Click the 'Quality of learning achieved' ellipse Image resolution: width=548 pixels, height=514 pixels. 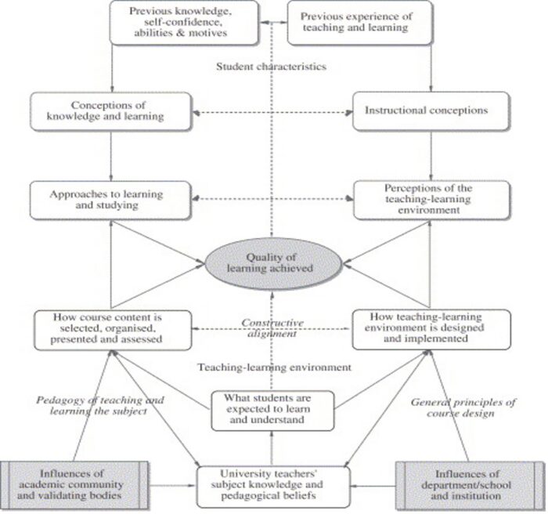273,263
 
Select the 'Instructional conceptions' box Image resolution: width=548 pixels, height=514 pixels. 431,111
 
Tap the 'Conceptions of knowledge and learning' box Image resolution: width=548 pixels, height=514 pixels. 111,111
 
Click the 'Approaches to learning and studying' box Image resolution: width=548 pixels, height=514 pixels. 111,200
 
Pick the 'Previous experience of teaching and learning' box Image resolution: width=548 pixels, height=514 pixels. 359,23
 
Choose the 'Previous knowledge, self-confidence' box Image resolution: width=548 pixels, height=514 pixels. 184,23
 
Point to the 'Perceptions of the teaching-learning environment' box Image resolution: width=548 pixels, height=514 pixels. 431,200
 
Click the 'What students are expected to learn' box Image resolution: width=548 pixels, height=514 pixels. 272,411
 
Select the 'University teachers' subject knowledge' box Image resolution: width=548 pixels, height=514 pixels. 273,487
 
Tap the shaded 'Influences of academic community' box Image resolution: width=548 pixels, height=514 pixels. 74,485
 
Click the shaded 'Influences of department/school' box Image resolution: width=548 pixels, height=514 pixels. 470,485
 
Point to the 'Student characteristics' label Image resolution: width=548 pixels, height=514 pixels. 271,67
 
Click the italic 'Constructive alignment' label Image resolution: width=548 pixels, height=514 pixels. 272,328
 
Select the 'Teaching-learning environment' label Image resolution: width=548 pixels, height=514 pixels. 274,367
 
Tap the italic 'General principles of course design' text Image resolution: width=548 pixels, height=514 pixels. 463,407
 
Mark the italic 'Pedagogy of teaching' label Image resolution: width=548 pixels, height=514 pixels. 100,400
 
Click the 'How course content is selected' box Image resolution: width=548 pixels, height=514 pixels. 113,331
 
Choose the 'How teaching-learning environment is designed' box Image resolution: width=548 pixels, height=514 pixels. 431,330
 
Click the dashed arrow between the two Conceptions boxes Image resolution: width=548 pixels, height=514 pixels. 272,113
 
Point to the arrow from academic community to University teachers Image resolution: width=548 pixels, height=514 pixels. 172,485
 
